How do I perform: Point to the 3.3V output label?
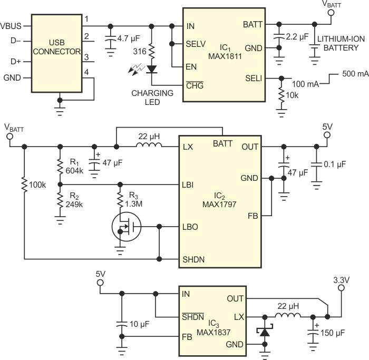pos(341,279)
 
